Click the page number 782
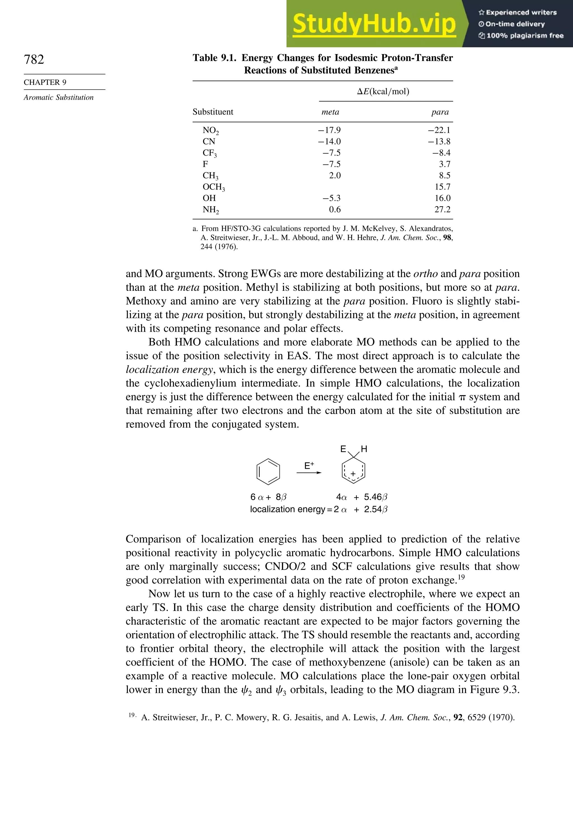(34, 59)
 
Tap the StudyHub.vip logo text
(374, 24)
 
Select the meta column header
(330, 112)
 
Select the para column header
(440, 112)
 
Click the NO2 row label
(210, 130)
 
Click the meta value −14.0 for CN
(330, 142)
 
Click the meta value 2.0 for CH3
(335, 175)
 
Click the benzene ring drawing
(268, 472)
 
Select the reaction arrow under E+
(309, 473)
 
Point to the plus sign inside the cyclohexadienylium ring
(353, 474)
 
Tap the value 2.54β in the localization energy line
(375, 509)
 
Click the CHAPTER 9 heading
(45, 82)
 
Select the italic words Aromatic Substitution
(58, 97)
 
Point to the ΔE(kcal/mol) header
(383, 92)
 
